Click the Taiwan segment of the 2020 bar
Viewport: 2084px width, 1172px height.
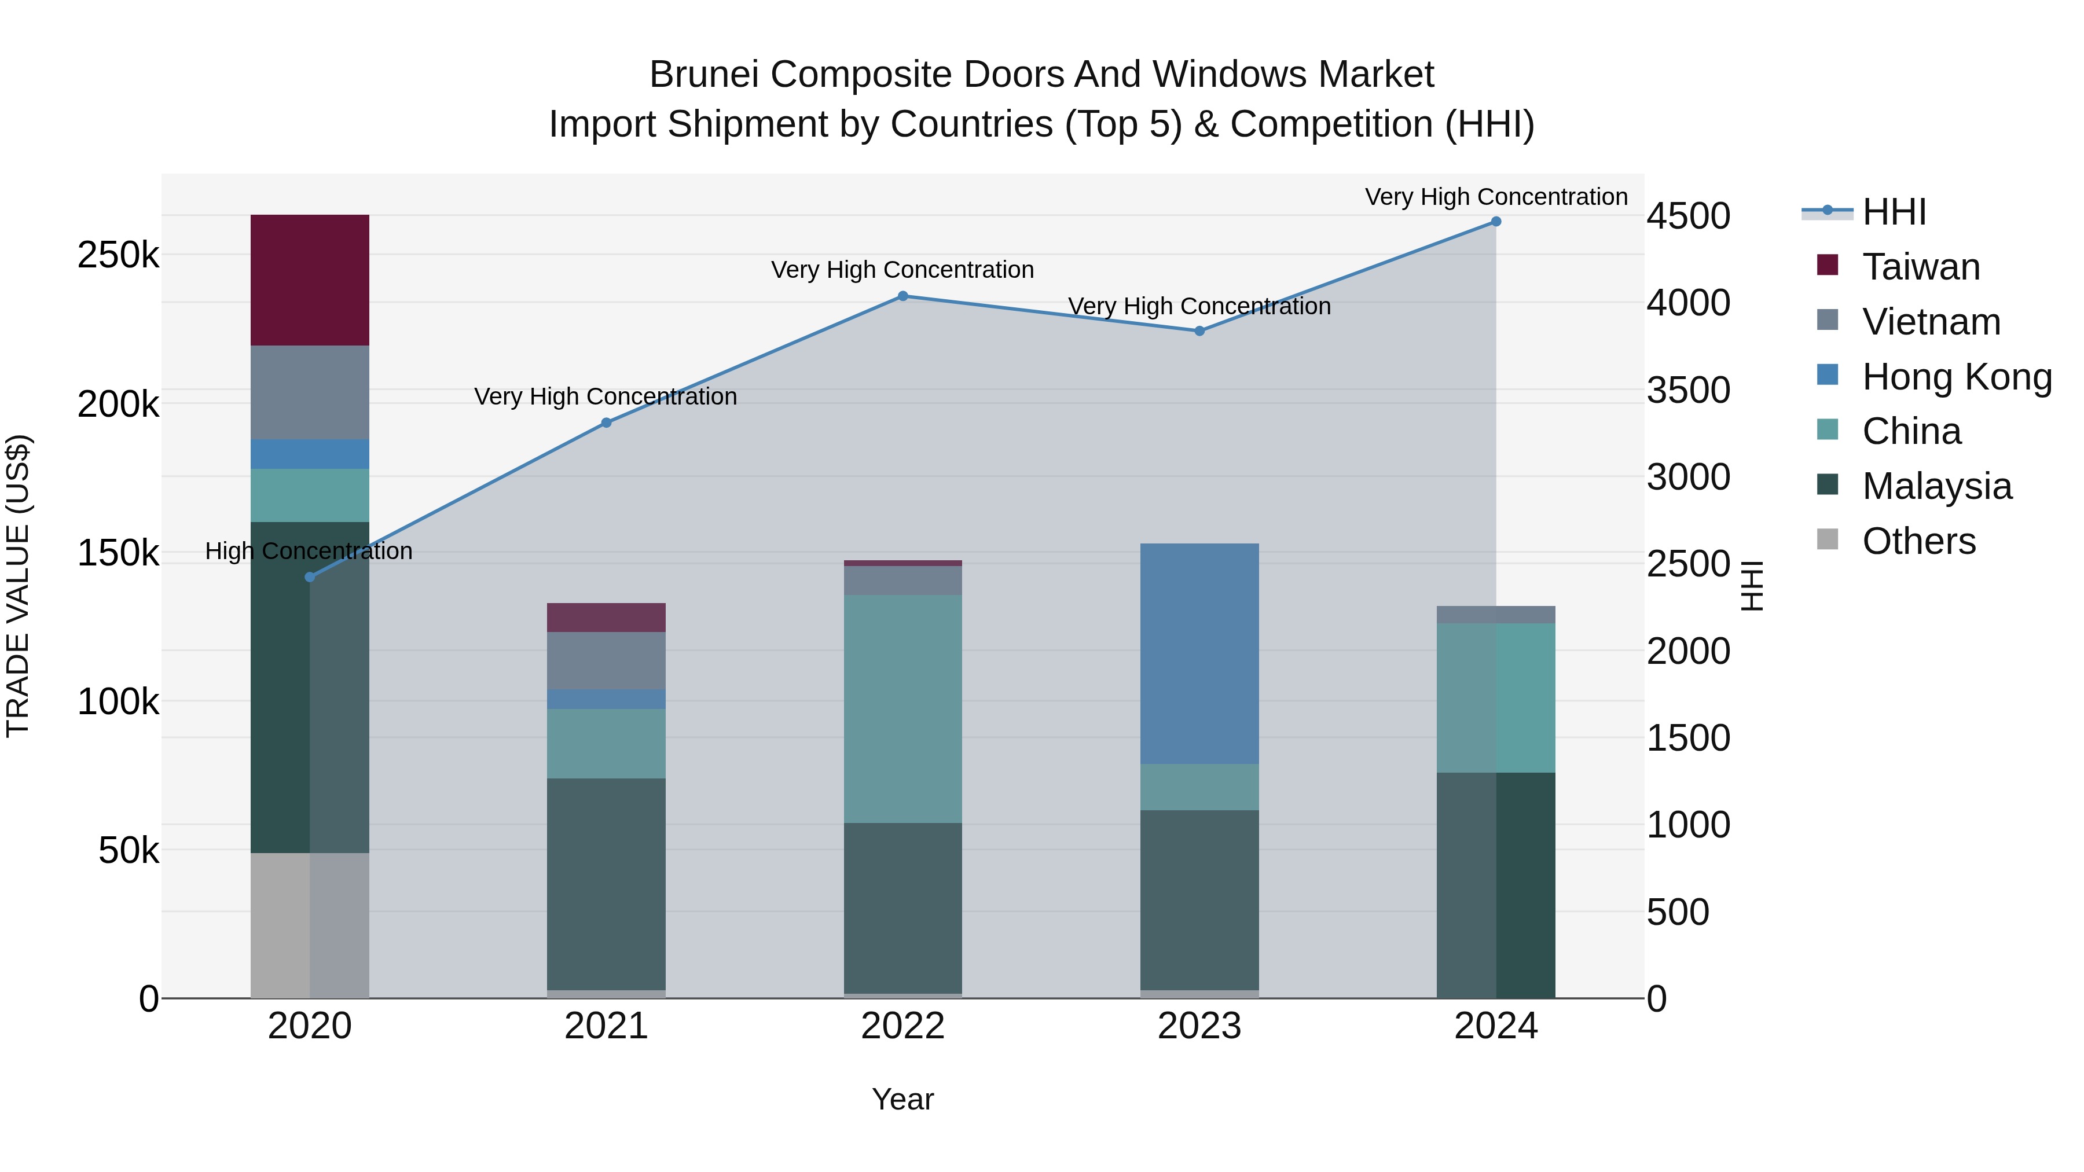(310, 280)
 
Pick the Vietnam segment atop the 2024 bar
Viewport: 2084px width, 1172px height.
(1496, 615)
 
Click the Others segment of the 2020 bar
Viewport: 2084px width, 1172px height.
(310, 925)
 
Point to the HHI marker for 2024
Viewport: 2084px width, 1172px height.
(1496, 222)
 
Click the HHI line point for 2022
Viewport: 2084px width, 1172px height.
(903, 296)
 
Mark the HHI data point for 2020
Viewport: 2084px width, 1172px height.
(310, 576)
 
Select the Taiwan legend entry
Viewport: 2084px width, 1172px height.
(1921, 267)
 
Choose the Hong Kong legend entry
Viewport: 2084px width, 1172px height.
(1956, 377)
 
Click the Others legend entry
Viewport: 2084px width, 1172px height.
(1918, 541)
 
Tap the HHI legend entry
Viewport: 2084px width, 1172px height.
(1893, 212)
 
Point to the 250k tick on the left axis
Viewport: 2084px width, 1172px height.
(118, 256)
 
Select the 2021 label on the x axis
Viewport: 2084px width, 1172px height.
(606, 1026)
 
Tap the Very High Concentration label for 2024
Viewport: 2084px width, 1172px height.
(1496, 197)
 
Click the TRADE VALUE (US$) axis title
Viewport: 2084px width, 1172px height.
(18, 586)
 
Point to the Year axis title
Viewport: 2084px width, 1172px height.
(903, 1099)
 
